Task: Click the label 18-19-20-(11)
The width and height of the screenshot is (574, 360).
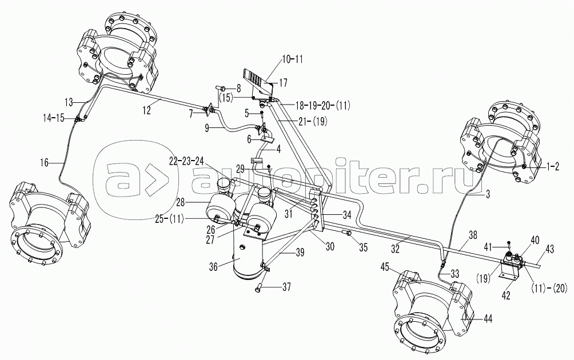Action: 323,105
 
